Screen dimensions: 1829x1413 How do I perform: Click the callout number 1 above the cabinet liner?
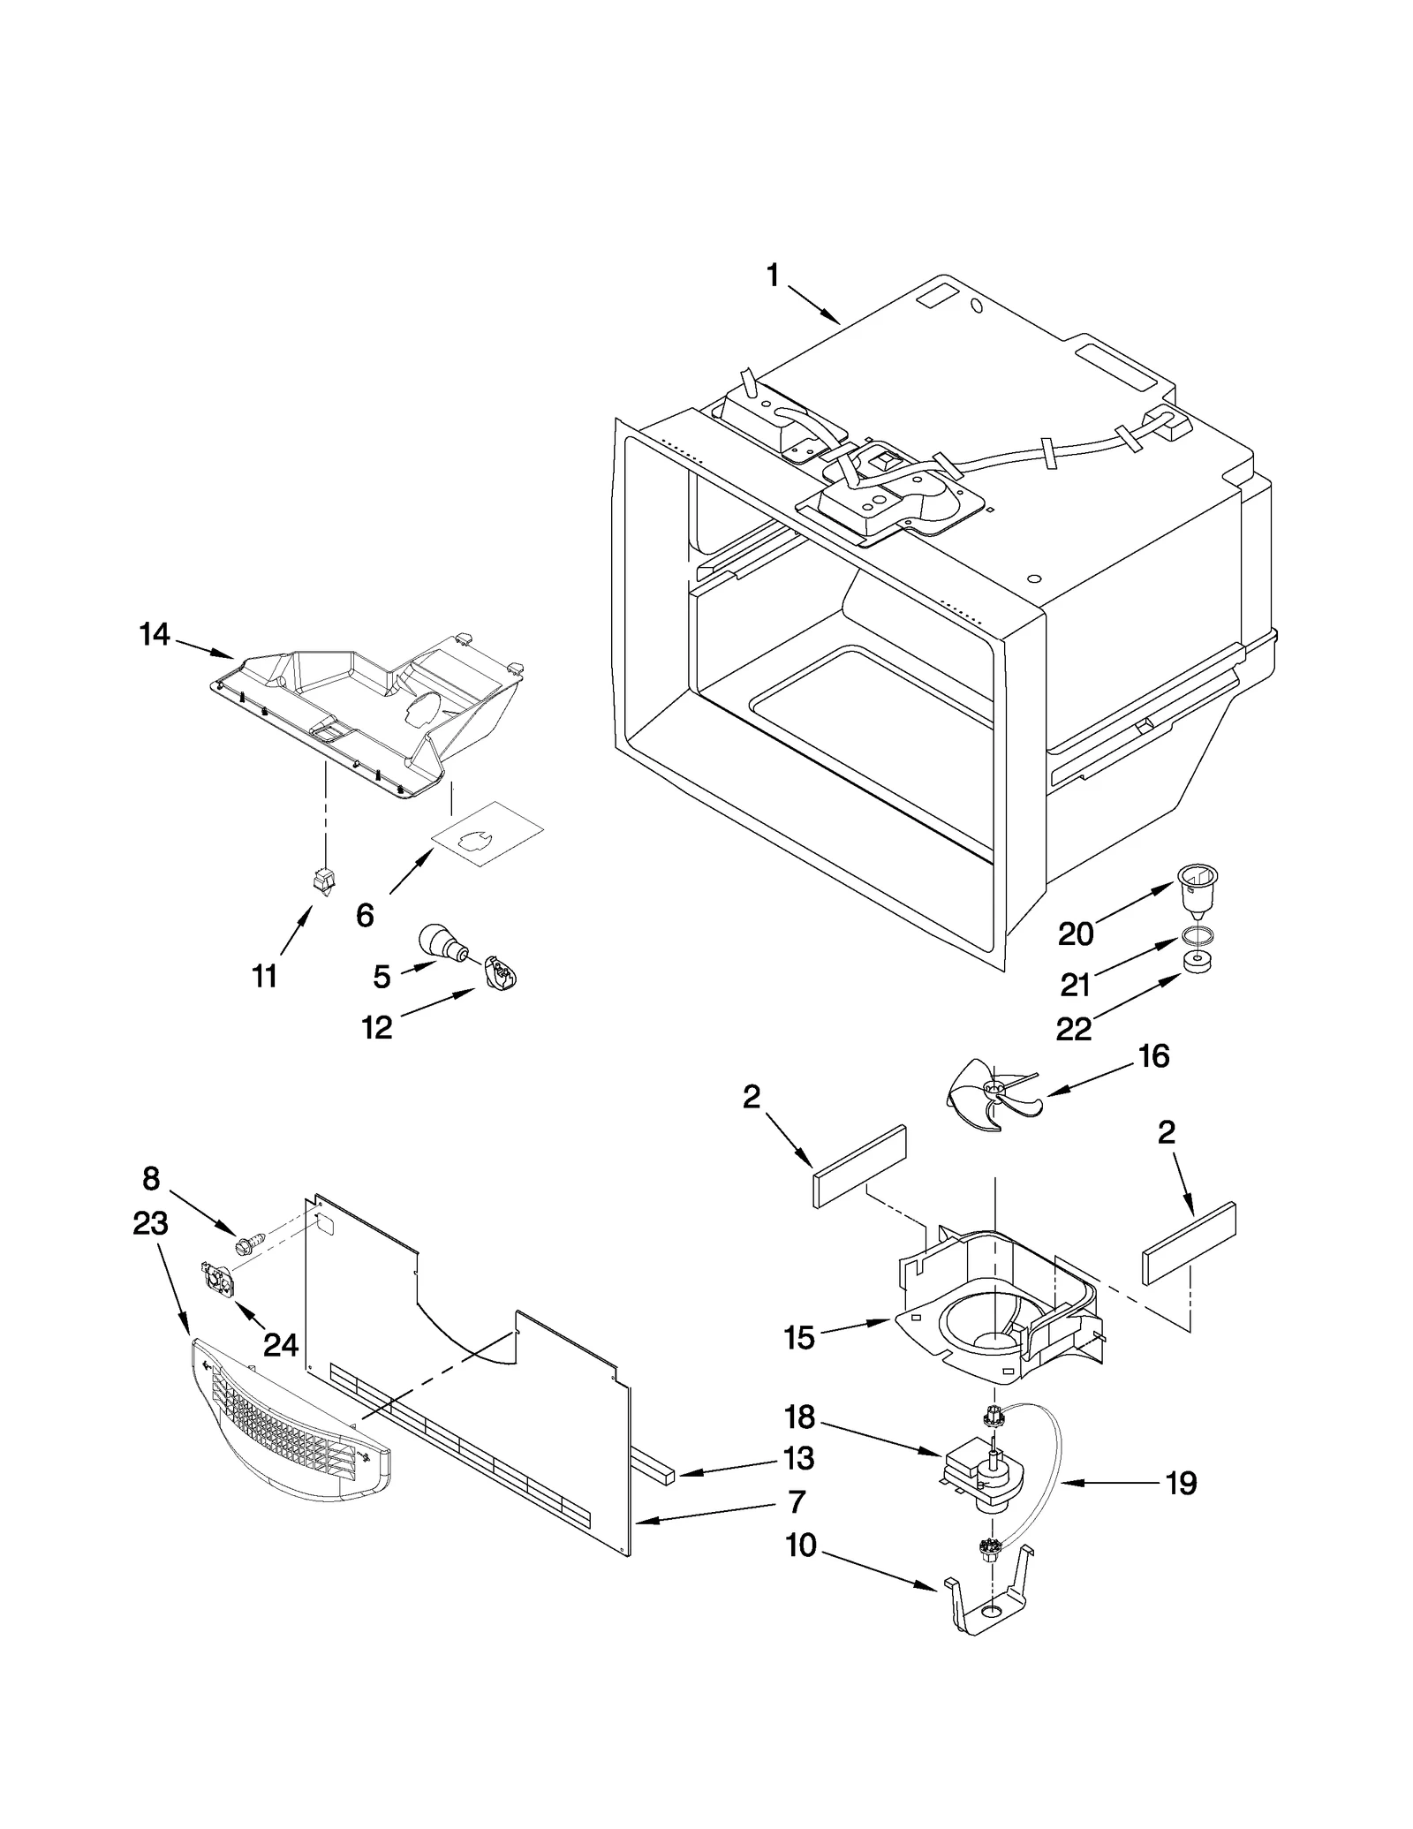click(772, 276)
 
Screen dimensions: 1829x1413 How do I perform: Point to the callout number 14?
click(155, 634)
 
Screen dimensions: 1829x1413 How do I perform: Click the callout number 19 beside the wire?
click(1181, 1483)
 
